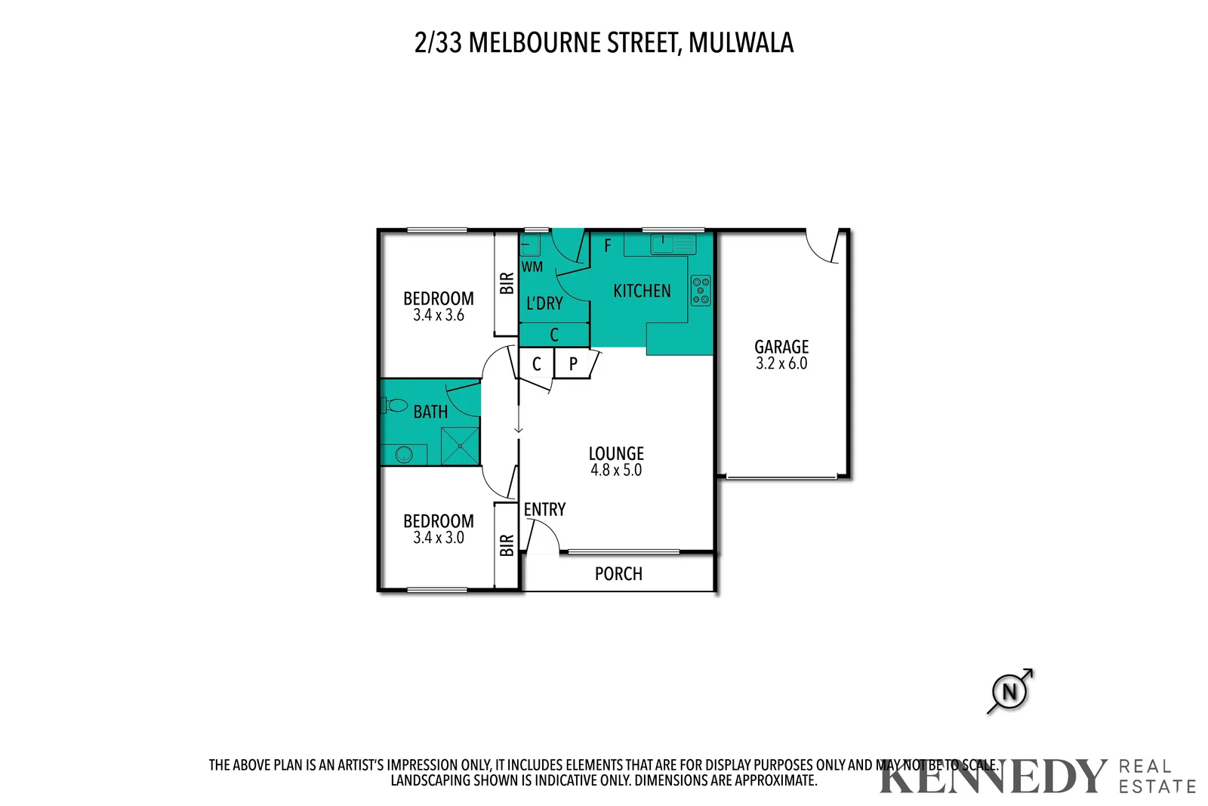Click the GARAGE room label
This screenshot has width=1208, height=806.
(781, 347)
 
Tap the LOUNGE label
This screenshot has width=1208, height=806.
(616, 453)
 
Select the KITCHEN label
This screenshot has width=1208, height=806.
(642, 291)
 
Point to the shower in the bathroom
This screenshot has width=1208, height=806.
(460, 446)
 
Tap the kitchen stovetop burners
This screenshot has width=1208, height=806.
(701, 291)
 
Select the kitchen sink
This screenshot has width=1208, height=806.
(663, 243)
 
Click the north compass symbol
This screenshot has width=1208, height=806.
(1009, 691)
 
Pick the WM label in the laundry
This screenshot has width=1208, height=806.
(532, 267)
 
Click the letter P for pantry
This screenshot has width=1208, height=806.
(573, 364)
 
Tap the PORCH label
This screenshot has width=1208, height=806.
(618, 574)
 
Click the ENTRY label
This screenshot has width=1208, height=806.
(544, 510)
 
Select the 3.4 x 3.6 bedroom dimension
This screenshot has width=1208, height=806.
(439, 316)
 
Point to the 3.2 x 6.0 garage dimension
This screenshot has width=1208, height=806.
(781, 363)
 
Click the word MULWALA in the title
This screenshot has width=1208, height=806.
(741, 43)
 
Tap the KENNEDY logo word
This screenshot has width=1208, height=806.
(992, 777)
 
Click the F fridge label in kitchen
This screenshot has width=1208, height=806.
(608, 246)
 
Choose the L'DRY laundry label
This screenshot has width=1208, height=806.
(544, 304)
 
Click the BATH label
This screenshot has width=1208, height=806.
(430, 412)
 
